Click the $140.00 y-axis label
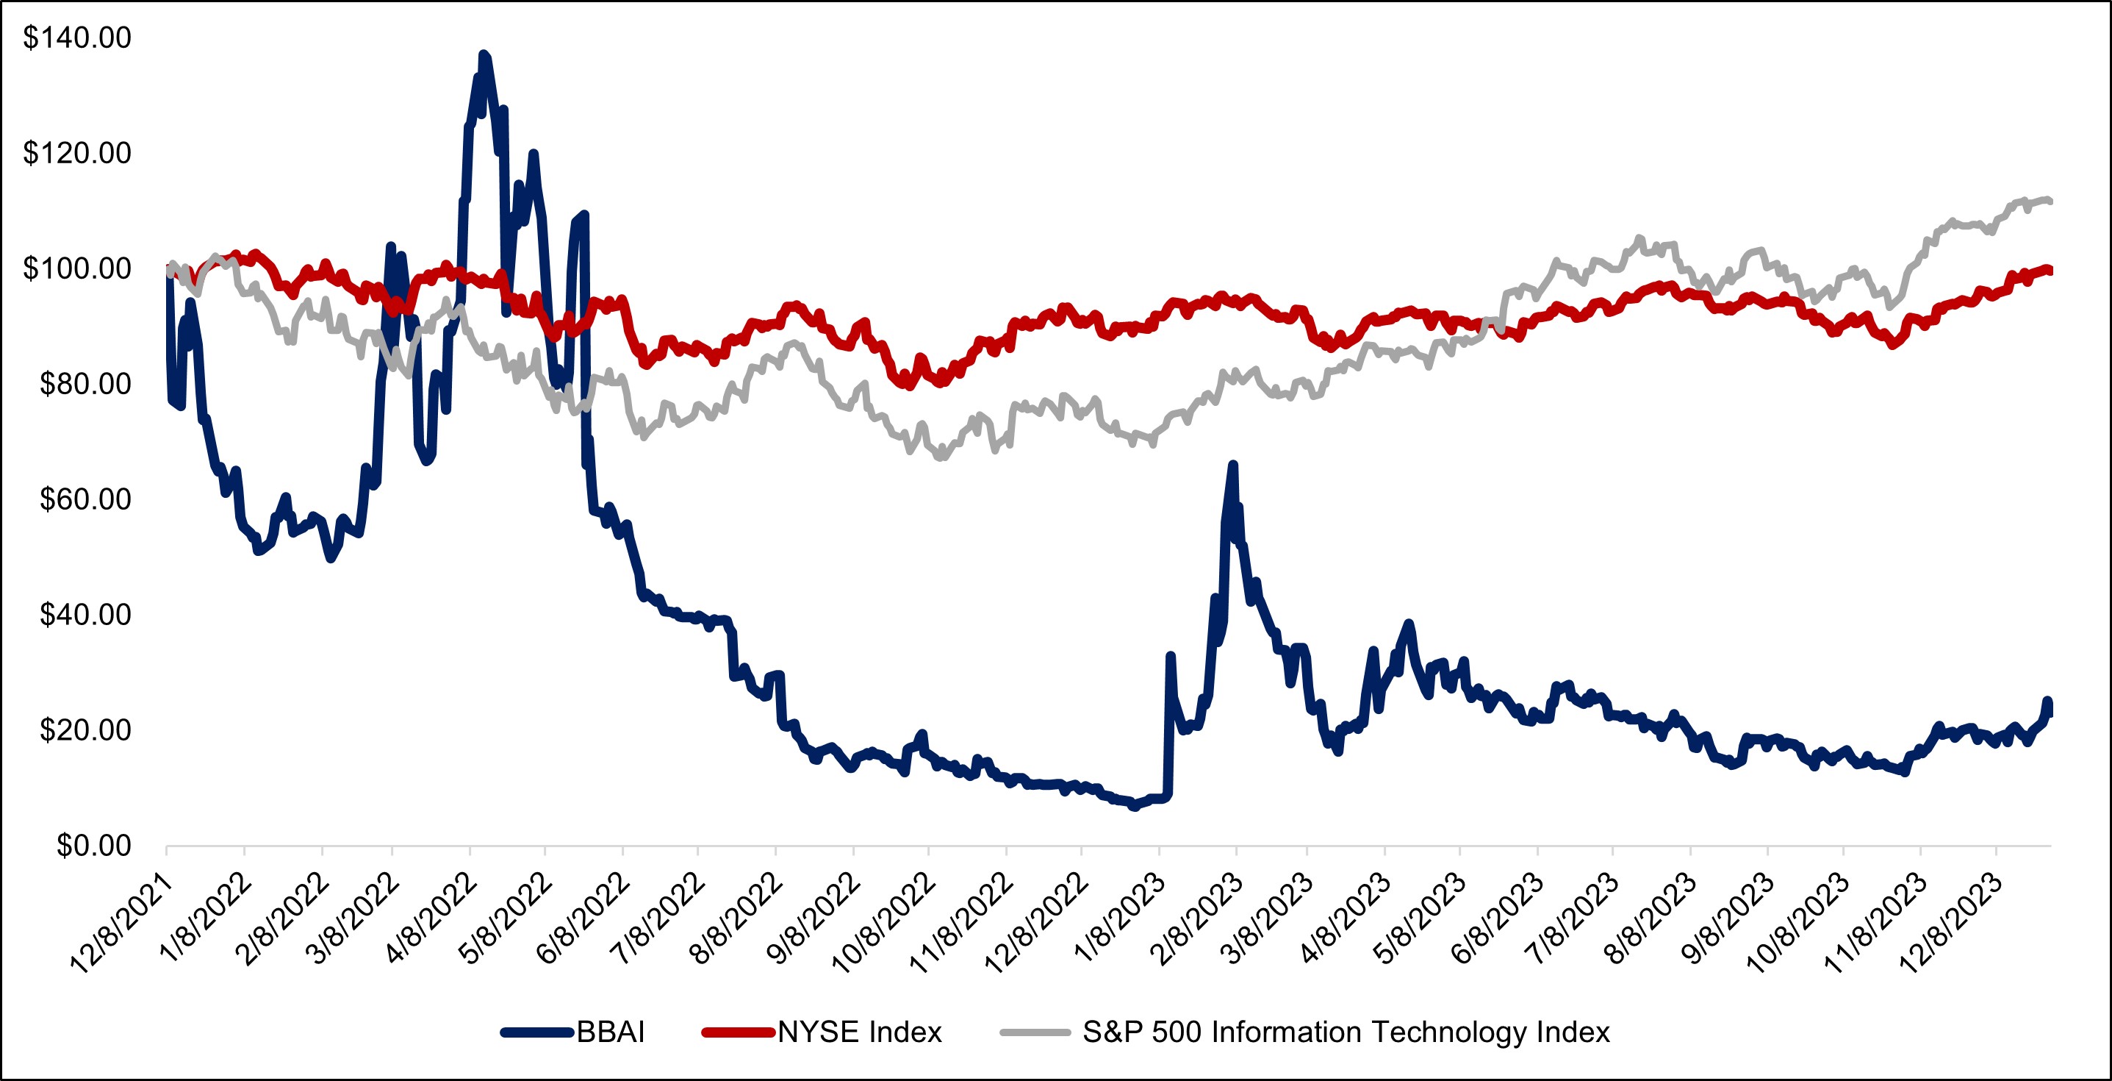(77, 38)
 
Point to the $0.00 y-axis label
(93, 846)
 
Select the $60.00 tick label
(85, 499)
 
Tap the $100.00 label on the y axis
(77, 268)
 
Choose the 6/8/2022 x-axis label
(583, 918)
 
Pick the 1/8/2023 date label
(1120, 918)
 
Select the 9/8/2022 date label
(815, 918)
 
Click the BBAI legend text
(611, 1032)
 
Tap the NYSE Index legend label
(860, 1032)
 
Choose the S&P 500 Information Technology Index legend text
(1346, 1032)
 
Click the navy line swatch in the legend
(537, 1032)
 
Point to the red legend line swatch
(738, 1032)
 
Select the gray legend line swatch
(1035, 1032)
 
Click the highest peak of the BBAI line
(484, 54)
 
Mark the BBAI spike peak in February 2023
(1232, 465)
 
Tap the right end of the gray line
(2050, 201)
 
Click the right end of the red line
(2050, 271)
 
